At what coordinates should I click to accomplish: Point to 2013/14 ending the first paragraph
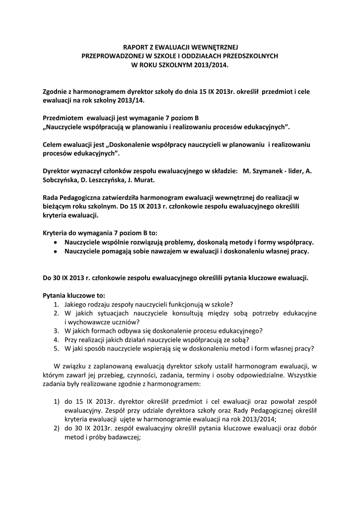[x=115, y=100]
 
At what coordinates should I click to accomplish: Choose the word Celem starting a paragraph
[x=52, y=144]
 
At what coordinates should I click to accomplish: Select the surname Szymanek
[x=268, y=171]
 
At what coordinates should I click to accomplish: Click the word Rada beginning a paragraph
[x=51, y=198]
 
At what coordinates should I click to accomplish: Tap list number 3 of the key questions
[x=57, y=330]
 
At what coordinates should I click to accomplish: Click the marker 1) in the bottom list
[x=57, y=401]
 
